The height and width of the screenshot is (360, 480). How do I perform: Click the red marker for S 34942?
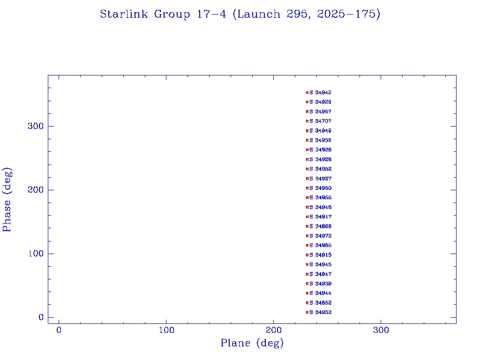[x=307, y=93]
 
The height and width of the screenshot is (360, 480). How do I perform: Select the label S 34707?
[x=321, y=121]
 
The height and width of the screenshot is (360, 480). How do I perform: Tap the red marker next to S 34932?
[x=307, y=312]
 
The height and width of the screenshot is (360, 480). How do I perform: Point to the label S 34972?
[x=321, y=236]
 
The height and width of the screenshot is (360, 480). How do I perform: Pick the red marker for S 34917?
[x=307, y=217]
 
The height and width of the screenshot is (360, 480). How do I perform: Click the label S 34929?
[x=321, y=102]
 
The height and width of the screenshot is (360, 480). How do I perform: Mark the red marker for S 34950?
[x=307, y=188]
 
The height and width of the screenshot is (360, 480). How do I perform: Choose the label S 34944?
[x=321, y=293]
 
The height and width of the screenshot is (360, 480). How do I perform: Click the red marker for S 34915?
[x=307, y=255]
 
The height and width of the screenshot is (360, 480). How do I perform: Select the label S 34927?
[x=321, y=179]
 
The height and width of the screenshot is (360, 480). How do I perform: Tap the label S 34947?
[x=321, y=274]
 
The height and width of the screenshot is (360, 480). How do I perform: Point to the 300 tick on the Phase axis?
[x=48, y=126]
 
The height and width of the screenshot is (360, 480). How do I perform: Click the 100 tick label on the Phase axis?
[x=36, y=254]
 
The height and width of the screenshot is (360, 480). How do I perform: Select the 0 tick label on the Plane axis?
[x=59, y=330]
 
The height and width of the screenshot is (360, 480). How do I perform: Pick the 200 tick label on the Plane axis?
[x=274, y=330]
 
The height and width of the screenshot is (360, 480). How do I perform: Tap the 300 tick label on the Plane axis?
[x=381, y=330]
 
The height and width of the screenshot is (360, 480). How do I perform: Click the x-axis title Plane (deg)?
[x=252, y=344]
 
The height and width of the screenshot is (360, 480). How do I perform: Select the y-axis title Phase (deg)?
[x=7, y=200]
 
